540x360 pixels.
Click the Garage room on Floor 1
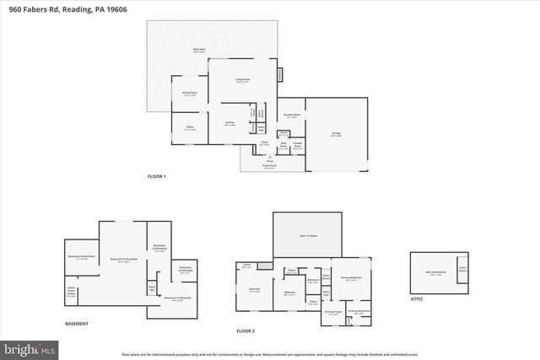tap(337, 134)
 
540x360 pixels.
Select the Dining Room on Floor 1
tap(190, 94)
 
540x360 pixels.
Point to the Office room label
tap(190, 129)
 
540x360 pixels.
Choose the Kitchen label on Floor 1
tap(229, 123)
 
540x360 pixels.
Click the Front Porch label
tap(269, 165)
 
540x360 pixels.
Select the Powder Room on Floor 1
tap(297, 144)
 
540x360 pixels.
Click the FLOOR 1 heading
tap(157, 176)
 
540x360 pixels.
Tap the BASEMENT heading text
tap(77, 325)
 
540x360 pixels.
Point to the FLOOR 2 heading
tap(246, 332)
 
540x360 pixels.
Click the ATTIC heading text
tap(418, 298)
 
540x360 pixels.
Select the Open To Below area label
tap(307, 236)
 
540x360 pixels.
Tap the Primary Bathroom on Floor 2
tap(359, 312)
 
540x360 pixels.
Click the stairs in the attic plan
tap(462, 269)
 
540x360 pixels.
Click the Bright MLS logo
tap(29, 347)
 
